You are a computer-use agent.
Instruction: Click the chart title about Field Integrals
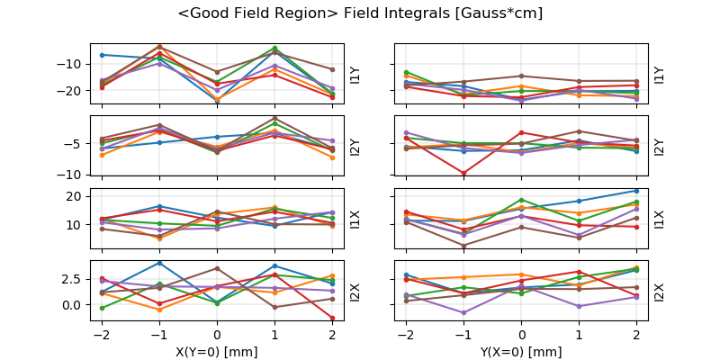[360, 13]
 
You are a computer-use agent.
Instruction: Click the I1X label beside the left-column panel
[354, 218]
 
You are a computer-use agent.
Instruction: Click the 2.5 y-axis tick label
[72, 280]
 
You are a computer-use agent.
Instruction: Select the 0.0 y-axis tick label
[72, 305]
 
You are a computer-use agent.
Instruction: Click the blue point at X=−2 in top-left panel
[102, 55]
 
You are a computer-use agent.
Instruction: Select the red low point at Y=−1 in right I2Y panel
[463, 173]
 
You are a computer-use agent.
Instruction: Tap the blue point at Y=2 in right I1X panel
[636, 191]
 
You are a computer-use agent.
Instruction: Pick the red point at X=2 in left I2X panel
[332, 318]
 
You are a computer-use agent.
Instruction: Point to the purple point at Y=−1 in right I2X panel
[463, 313]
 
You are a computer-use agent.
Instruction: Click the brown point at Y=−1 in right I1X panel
[463, 245]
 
